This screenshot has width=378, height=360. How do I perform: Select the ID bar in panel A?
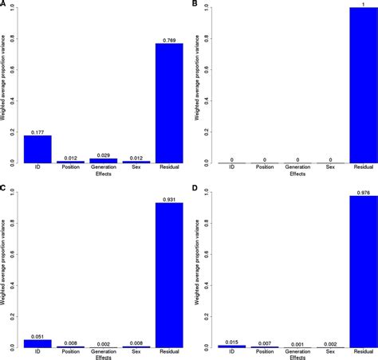click(x=37, y=149)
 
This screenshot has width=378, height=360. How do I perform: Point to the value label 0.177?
click(x=37, y=131)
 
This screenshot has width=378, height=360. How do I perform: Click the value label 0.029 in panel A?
click(x=103, y=155)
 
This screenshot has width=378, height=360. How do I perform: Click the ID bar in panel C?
click(x=37, y=344)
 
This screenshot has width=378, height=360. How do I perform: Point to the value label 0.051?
click(x=37, y=338)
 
